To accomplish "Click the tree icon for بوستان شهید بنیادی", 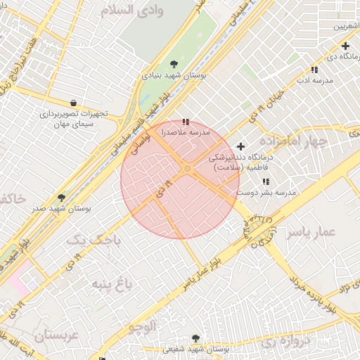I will (x=174, y=65).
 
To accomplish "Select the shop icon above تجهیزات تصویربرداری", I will (x=74, y=103).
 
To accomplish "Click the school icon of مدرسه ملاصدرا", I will (x=186, y=122).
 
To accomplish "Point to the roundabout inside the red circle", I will (x=188, y=169).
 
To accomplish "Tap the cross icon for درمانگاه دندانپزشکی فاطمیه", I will (x=241, y=147).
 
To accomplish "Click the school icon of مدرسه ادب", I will (x=314, y=70).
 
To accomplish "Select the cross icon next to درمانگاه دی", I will (x=346, y=46).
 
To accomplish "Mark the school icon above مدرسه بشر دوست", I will (x=285, y=181).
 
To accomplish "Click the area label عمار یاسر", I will (x=311, y=232).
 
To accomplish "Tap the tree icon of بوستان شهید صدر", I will (x=61, y=198).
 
